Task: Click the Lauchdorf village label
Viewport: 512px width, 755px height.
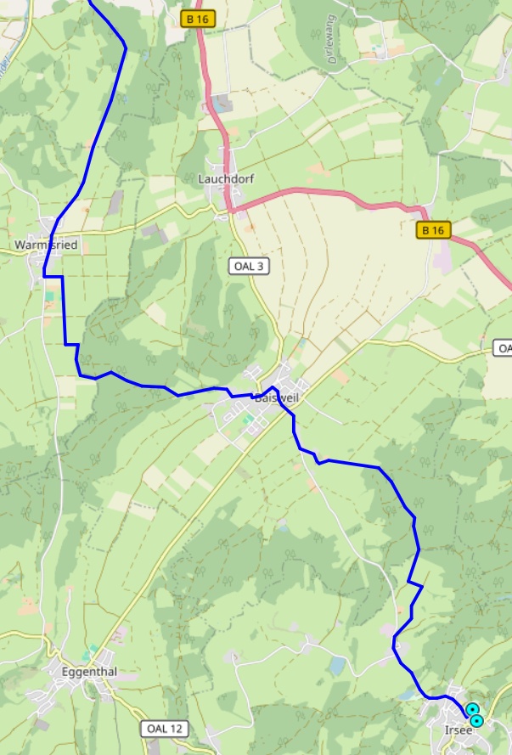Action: pyautogui.click(x=221, y=179)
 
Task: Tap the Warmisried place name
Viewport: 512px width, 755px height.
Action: pyautogui.click(x=46, y=245)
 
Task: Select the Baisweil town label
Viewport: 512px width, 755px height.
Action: pyautogui.click(x=278, y=397)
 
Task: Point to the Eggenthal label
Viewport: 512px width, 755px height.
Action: pyautogui.click(x=89, y=672)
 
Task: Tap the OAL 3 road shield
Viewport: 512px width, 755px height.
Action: pyautogui.click(x=250, y=267)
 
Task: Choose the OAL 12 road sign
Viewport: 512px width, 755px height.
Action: pyautogui.click(x=163, y=729)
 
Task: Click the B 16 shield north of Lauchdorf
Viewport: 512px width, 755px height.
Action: pyautogui.click(x=200, y=19)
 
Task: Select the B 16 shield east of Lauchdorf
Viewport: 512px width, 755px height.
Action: pyautogui.click(x=434, y=230)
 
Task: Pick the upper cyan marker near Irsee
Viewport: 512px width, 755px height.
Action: pyautogui.click(x=472, y=709)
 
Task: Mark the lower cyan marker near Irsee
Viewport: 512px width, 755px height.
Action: pyautogui.click(x=477, y=721)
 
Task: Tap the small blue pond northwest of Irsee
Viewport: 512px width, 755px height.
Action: pyautogui.click(x=339, y=665)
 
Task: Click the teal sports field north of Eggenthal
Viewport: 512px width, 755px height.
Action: pyautogui.click(x=91, y=651)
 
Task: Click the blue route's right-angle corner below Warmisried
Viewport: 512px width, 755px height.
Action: pyautogui.click(x=45, y=276)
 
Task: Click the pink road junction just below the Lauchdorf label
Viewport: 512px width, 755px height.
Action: pyautogui.click(x=229, y=208)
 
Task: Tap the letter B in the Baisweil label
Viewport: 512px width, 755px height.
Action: pyautogui.click(x=258, y=397)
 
